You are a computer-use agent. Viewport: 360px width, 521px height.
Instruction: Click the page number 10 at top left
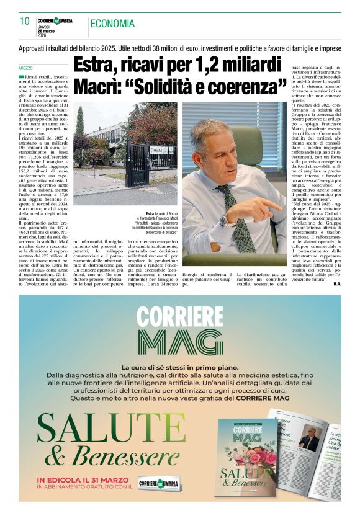click(24, 21)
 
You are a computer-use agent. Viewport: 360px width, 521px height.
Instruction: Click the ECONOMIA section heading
click(112, 24)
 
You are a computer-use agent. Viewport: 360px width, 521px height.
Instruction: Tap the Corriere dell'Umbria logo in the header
click(55, 20)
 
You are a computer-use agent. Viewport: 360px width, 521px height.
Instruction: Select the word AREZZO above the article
click(26, 67)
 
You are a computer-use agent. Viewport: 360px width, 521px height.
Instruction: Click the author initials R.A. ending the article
click(336, 284)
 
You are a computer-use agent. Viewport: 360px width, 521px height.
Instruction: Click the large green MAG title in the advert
click(180, 342)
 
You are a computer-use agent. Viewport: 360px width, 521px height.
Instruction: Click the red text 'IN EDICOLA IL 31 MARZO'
click(83, 479)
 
